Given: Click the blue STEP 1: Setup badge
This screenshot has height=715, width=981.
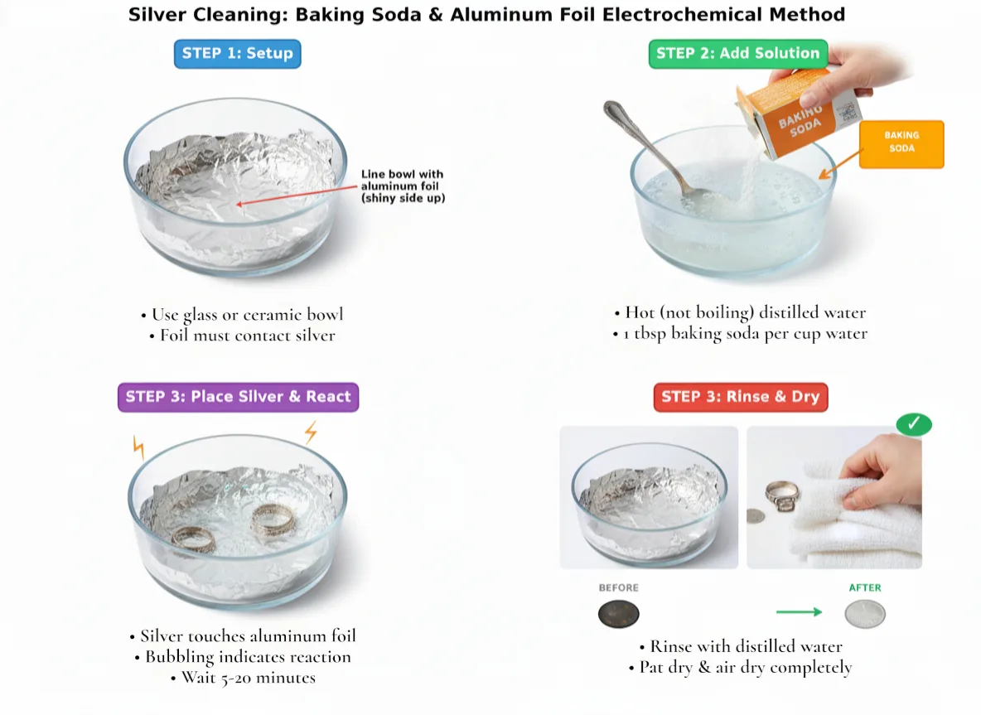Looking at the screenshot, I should click(237, 54).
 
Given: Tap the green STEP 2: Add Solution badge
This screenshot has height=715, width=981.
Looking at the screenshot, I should click(737, 54).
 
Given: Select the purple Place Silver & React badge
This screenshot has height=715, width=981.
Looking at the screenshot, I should click(238, 397).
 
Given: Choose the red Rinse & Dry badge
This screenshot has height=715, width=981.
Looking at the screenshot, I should click(740, 397).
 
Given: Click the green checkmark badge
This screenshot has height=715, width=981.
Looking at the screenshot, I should click(914, 424).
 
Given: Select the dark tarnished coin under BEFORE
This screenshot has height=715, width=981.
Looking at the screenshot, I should click(618, 615).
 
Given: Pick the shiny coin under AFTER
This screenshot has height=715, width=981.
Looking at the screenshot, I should click(865, 615).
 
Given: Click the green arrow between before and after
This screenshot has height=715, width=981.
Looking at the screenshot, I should click(799, 612).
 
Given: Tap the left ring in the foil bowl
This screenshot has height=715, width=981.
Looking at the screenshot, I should click(194, 539).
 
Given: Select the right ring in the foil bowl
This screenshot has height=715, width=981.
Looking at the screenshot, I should click(273, 521).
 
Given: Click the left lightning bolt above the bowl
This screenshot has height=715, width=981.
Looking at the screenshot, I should click(138, 447).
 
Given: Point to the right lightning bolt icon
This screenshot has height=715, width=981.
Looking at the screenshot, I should click(311, 432).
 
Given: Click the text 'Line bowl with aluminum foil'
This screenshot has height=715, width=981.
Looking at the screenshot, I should click(402, 180).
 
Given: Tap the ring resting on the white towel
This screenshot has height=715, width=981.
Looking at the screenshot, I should click(783, 496).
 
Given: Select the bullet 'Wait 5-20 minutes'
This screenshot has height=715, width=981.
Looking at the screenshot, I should click(243, 678).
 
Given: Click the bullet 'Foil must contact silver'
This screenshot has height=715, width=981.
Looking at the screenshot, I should click(242, 336).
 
